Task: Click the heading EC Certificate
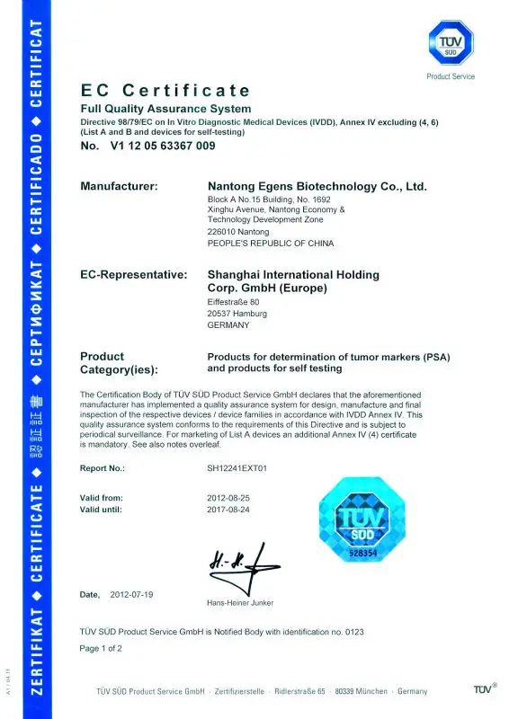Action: point(165,91)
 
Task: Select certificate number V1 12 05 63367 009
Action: point(161,146)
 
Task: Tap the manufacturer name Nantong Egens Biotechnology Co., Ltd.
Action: point(317,187)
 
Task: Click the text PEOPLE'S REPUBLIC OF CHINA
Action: point(270,244)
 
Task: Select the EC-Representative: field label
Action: point(134,274)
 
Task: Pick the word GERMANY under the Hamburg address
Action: point(228,325)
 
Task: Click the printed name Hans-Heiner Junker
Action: point(239,602)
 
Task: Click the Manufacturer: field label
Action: point(119,187)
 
